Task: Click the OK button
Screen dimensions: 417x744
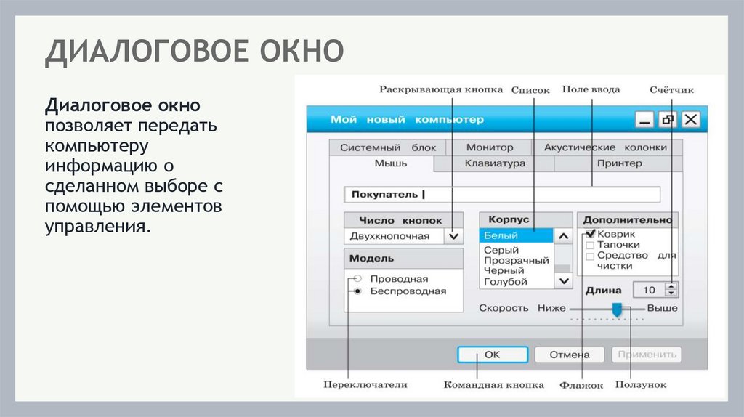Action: pos(492,355)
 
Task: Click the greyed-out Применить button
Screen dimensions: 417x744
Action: pos(646,355)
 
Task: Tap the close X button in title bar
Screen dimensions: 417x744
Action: pos(690,120)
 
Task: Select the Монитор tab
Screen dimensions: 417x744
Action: pos(489,147)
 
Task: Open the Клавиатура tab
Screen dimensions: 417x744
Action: pos(494,163)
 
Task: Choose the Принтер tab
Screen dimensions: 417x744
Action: pos(619,163)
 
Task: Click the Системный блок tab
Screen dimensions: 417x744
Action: pos(388,147)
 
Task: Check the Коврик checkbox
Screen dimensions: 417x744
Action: pos(590,235)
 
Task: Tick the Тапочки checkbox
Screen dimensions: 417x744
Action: pos(590,246)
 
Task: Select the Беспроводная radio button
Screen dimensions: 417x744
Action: pos(357,291)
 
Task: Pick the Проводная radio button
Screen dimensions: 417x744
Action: pos(357,279)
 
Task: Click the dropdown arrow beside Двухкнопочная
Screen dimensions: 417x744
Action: pos(453,236)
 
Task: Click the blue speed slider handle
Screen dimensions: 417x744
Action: pos(617,309)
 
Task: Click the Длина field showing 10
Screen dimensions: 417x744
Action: pos(648,290)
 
